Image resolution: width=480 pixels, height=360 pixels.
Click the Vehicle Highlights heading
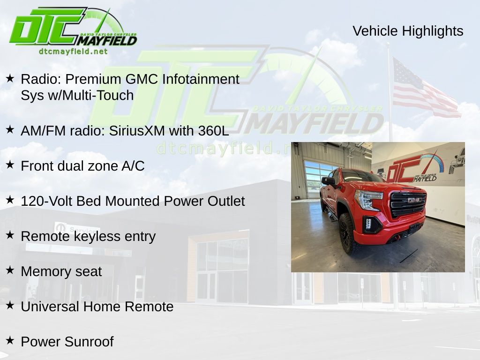point(408,31)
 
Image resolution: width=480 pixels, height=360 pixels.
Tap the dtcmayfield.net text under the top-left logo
point(73,52)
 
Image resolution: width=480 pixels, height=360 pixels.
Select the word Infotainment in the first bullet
point(201,79)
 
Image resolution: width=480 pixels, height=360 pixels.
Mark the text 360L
point(214,131)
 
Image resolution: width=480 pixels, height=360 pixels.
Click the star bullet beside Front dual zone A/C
point(10,165)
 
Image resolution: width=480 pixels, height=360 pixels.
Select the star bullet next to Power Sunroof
point(10,340)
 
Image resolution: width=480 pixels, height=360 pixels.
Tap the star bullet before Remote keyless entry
point(10,235)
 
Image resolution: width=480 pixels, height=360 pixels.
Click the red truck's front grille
point(408,204)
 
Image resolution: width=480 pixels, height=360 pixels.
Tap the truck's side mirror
point(328,181)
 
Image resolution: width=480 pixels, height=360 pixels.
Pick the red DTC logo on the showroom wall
point(414,168)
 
